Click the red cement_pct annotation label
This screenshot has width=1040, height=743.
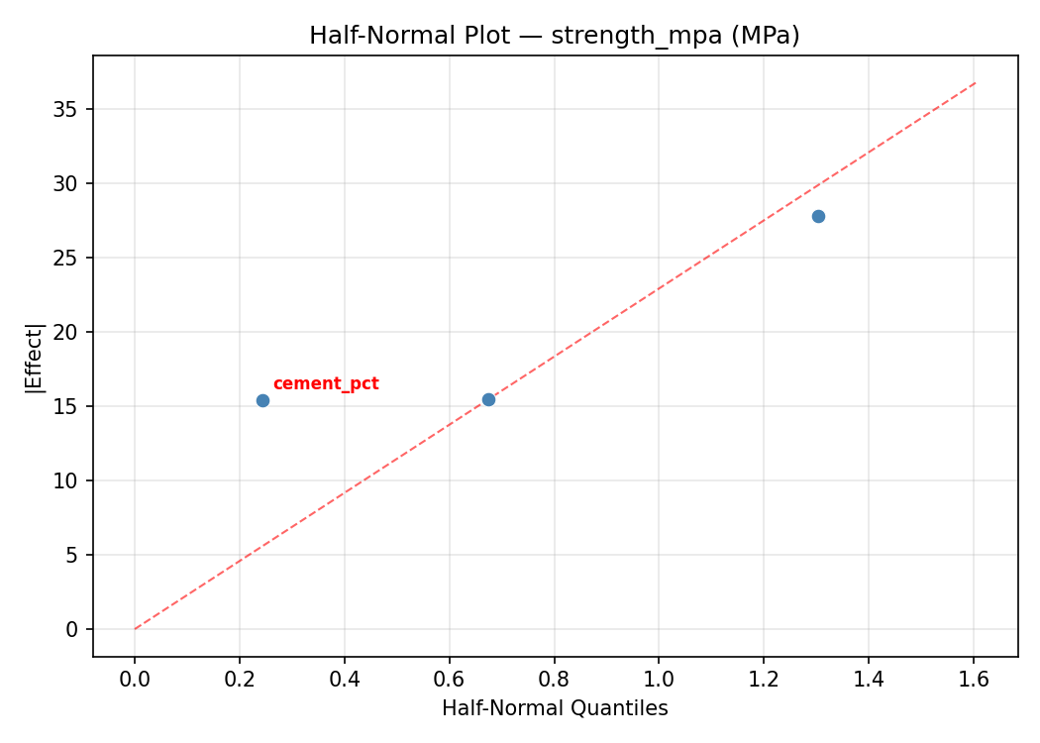326,384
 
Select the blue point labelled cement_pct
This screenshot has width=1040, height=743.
262,400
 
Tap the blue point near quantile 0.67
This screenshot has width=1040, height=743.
488,399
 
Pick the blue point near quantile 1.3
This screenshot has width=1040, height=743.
818,216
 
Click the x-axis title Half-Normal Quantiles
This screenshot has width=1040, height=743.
555,708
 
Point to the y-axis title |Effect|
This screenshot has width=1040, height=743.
35,356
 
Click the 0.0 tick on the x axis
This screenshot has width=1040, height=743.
135,680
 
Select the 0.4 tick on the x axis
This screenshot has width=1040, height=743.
345,680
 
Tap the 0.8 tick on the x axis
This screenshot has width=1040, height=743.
554,680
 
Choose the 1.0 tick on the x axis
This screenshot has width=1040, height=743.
659,680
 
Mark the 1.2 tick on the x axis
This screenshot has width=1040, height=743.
764,680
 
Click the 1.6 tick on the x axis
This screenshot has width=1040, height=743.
974,680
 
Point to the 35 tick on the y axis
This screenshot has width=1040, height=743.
66,109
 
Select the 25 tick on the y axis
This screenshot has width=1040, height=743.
66,258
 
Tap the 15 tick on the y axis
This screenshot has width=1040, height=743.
66,406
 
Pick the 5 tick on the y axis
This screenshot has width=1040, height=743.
72,555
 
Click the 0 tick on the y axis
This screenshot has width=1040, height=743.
72,629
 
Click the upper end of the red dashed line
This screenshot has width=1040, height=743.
976,82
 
